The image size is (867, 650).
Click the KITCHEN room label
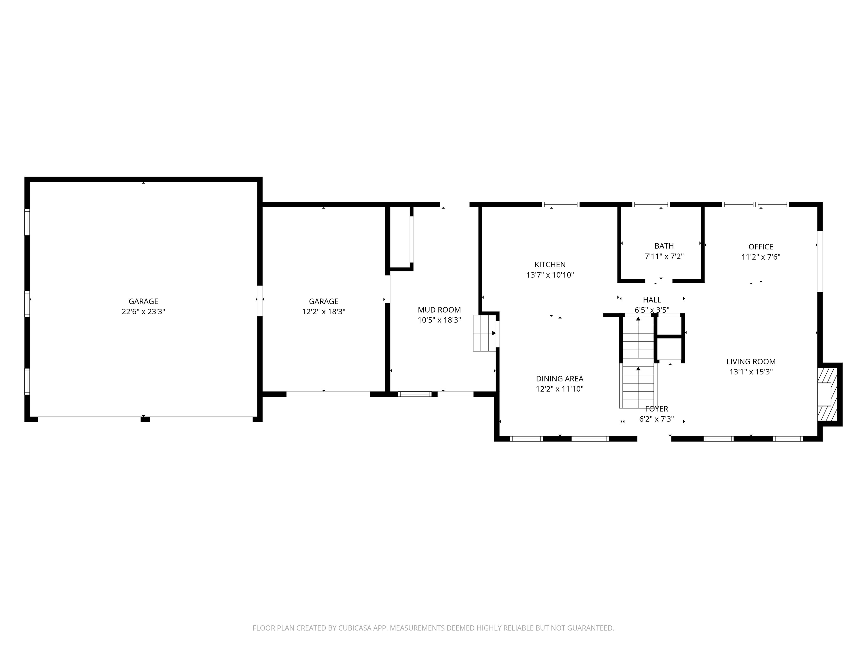(550, 264)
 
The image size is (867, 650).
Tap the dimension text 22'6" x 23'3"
(143, 312)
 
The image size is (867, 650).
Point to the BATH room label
(664, 246)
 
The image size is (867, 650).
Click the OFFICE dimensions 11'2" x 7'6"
(761, 257)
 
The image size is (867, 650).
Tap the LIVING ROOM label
(751, 362)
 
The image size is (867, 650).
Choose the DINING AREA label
(559, 379)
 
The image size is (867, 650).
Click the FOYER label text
(656, 409)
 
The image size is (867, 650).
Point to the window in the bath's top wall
(651, 204)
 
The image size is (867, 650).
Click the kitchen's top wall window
(561, 204)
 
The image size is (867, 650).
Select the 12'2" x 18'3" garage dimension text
(323, 312)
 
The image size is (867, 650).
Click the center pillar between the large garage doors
(145, 419)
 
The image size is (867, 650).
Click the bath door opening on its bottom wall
(659, 280)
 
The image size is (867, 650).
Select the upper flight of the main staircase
(638, 338)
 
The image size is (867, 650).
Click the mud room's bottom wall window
(415, 394)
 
